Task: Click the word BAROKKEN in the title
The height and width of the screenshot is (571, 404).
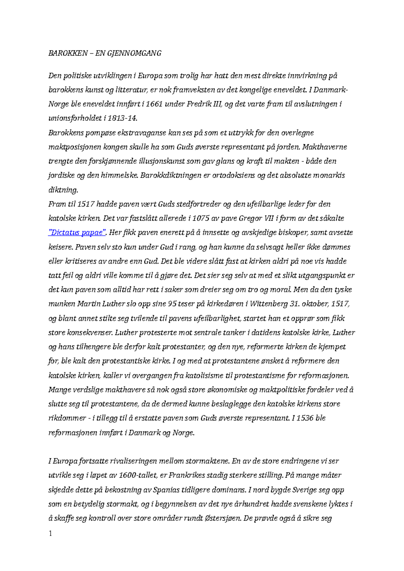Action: (68, 53)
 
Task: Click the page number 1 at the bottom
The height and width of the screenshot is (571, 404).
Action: (50, 533)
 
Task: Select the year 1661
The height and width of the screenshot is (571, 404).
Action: (154, 104)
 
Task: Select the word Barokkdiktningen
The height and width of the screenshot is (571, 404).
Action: (171, 175)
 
